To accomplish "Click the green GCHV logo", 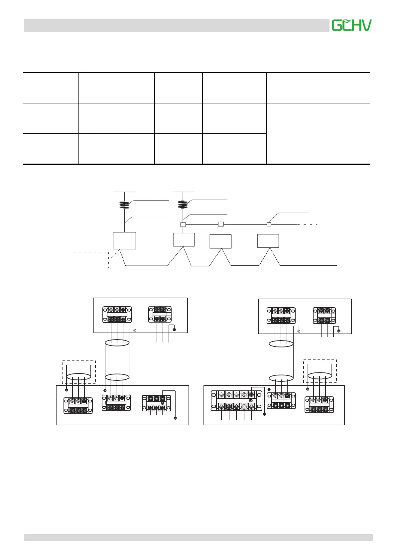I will [x=351, y=25].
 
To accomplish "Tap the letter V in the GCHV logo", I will [x=366, y=25].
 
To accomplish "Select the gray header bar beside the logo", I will [x=176, y=25].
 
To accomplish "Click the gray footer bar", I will [x=198, y=537].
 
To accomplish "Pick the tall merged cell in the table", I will [x=318, y=133].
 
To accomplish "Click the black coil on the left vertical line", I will [x=124, y=205].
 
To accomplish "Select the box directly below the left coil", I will [x=124, y=240].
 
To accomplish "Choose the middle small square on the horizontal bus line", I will [x=221, y=224].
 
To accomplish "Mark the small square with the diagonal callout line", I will [x=269, y=224].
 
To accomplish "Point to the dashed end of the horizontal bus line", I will [x=309, y=225].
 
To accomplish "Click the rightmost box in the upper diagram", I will [x=268, y=241].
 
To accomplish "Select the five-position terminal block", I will [x=236, y=400].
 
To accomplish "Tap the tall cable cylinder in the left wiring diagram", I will [x=117, y=360].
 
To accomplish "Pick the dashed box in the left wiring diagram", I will [x=79, y=372].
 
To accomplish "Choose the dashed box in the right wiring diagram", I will [x=320, y=371].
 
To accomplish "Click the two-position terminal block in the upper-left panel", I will [x=160, y=314].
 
